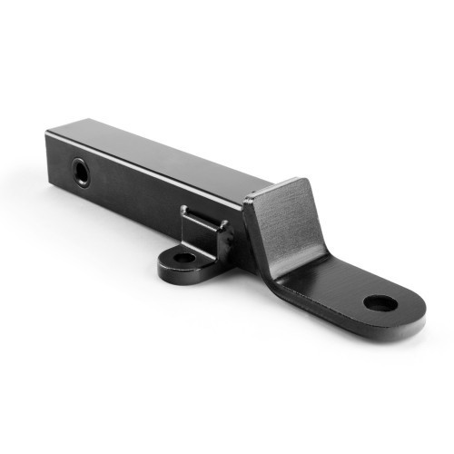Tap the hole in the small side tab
pos(183,258)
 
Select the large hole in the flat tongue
pos(380,303)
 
